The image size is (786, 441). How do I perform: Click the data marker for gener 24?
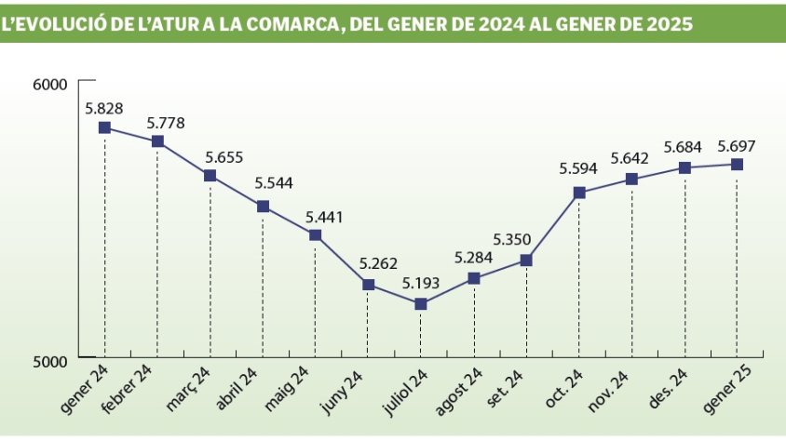tap(104, 127)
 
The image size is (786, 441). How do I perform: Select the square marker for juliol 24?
tap(420, 304)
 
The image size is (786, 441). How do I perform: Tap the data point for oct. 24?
tap(579, 193)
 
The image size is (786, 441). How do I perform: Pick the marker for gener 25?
tap(737, 164)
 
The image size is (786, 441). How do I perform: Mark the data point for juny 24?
tap(368, 285)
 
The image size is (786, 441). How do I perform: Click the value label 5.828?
tap(104, 108)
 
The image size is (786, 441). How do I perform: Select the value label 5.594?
tap(578, 168)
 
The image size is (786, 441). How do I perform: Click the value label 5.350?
tap(526, 239)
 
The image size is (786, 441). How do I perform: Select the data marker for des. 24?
tap(684, 167)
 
